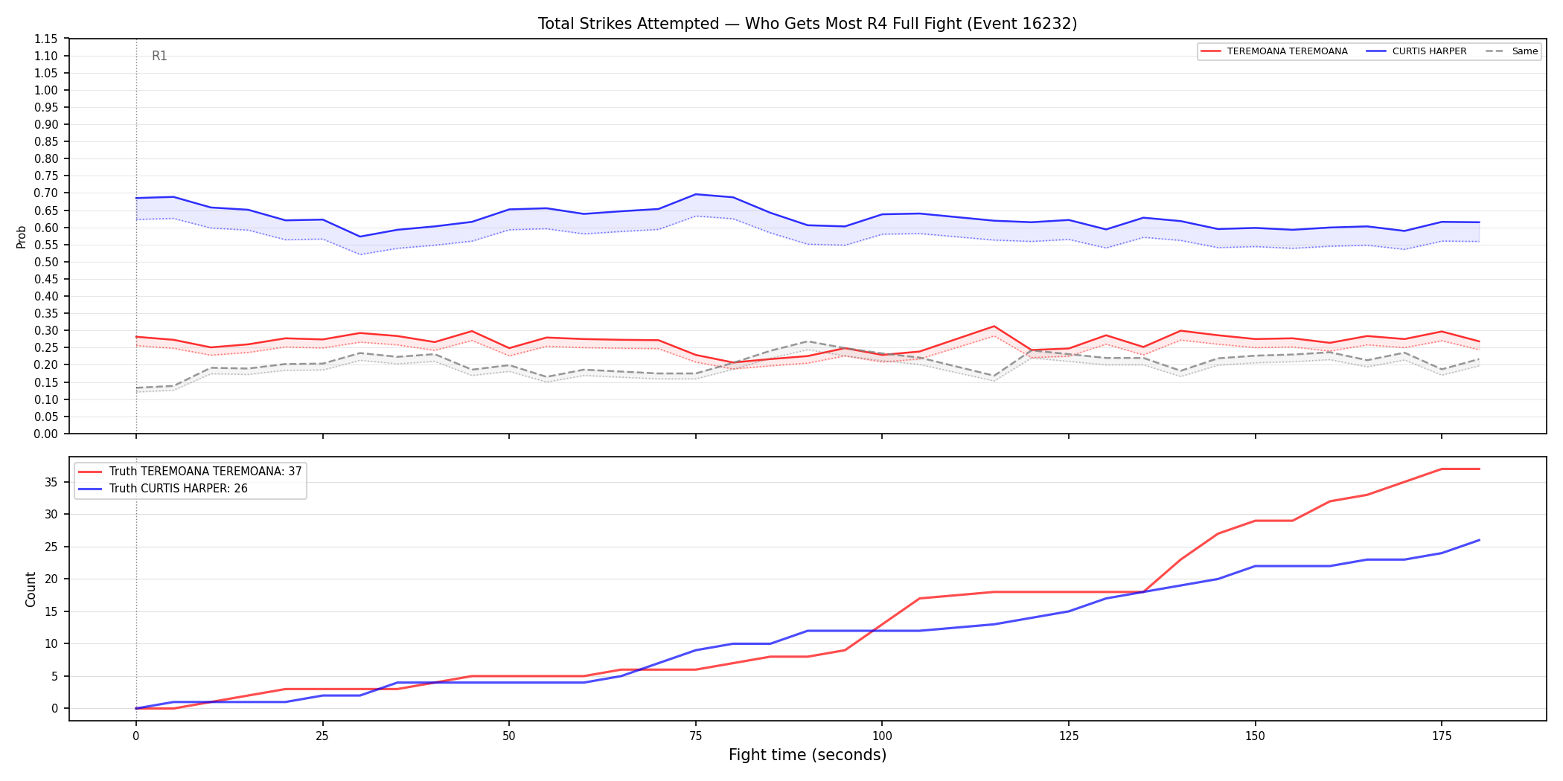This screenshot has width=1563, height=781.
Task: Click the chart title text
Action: click(x=808, y=24)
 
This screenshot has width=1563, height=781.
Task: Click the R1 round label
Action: click(x=159, y=56)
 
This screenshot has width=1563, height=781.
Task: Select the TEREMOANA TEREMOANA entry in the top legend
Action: click(x=1275, y=51)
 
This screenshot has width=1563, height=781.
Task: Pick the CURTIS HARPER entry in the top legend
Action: click(x=1417, y=51)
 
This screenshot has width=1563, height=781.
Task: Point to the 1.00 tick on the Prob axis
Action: click(x=46, y=90)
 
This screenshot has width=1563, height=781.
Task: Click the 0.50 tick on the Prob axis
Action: click(x=46, y=262)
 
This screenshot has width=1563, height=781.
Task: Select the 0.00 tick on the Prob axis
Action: click(x=46, y=434)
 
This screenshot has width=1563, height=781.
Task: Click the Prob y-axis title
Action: click(x=22, y=237)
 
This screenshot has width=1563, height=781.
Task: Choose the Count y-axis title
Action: click(x=31, y=589)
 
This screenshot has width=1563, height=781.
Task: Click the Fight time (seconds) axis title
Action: click(x=808, y=755)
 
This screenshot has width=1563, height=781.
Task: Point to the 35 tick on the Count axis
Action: click(x=51, y=482)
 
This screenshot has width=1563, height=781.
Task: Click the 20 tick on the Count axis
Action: click(x=51, y=579)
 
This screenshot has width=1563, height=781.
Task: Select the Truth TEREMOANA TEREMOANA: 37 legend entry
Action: click(x=190, y=472)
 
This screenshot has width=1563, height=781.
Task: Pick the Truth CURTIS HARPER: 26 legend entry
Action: click(x=163, y=489)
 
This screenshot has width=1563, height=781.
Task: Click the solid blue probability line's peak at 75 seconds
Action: click(x=696, y=194)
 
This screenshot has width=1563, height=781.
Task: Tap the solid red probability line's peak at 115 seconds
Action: click(x=994, y=327)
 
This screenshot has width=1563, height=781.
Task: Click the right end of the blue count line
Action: click(x=1479, y=540)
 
